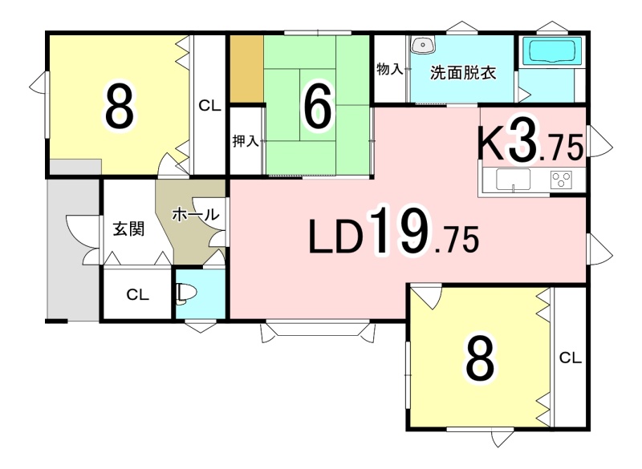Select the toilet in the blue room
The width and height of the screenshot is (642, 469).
(x=186, y=293)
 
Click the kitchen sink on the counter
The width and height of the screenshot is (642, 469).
(x=513, y=180)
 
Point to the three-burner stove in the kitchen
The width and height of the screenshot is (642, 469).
(x=561, y=180)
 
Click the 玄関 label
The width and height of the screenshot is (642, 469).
(x=129, y=229)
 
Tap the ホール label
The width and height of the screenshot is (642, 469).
(x=195, y=214)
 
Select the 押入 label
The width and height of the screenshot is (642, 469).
(x=246, y=141)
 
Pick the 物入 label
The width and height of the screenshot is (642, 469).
(x=390, y=69)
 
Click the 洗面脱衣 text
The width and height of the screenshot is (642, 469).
(x=463, y=73)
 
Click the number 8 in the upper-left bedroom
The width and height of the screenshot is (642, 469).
(x=119, y=106)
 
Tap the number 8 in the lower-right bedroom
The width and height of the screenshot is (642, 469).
(x=480, y=358)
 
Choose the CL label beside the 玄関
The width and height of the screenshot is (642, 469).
(x=137, y=294)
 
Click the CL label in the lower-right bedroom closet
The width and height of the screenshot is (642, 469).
(x=571, y=358)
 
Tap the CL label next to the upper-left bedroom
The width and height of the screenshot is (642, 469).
(x=209, y=106)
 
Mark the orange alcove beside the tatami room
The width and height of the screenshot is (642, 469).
(x=247, y=69)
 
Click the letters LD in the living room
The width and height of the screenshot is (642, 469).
(x=335, y=237)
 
